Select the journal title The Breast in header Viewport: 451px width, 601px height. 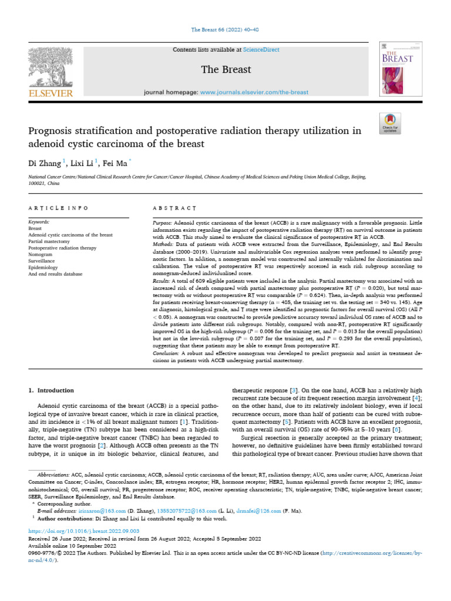[x=225, y=70]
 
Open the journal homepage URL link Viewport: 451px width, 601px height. [x=254, y=93]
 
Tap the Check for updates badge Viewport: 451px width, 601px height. [x=390, y=122]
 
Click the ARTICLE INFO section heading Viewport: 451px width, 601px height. [x=59, y=208]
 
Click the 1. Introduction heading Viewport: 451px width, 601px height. [x=52, y=390]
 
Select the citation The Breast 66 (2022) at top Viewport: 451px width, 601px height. [x=225, y=29]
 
